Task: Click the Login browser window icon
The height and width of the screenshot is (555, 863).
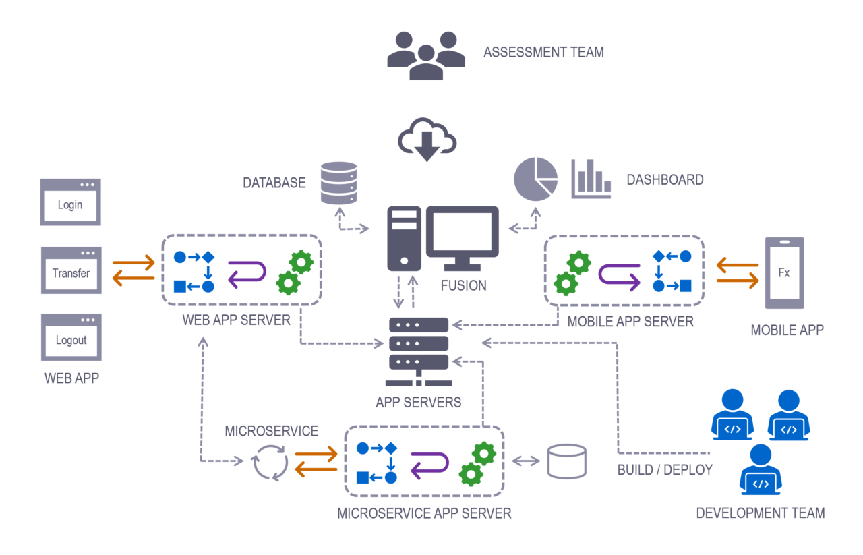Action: click(70, 202)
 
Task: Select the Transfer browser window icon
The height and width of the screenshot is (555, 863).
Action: click(71, 270)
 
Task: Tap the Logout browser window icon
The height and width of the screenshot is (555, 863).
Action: click(71, 337)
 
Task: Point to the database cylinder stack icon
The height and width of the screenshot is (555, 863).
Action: click(339, 183)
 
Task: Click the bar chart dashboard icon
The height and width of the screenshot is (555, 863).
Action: click(591, 179)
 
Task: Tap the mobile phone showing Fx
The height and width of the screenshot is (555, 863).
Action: click(784, 273)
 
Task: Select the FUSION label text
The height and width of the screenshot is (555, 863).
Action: click(463, 285)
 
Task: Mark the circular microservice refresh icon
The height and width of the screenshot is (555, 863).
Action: click(270, 463)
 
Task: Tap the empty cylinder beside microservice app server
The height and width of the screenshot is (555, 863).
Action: click(566, 461)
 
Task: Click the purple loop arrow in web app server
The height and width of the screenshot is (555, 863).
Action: click(247, 273)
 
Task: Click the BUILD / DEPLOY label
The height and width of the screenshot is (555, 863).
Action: click(665, 470)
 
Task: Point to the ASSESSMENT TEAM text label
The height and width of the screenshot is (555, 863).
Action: click(543, 52)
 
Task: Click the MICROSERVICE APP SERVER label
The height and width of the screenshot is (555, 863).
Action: click(424, 513)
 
